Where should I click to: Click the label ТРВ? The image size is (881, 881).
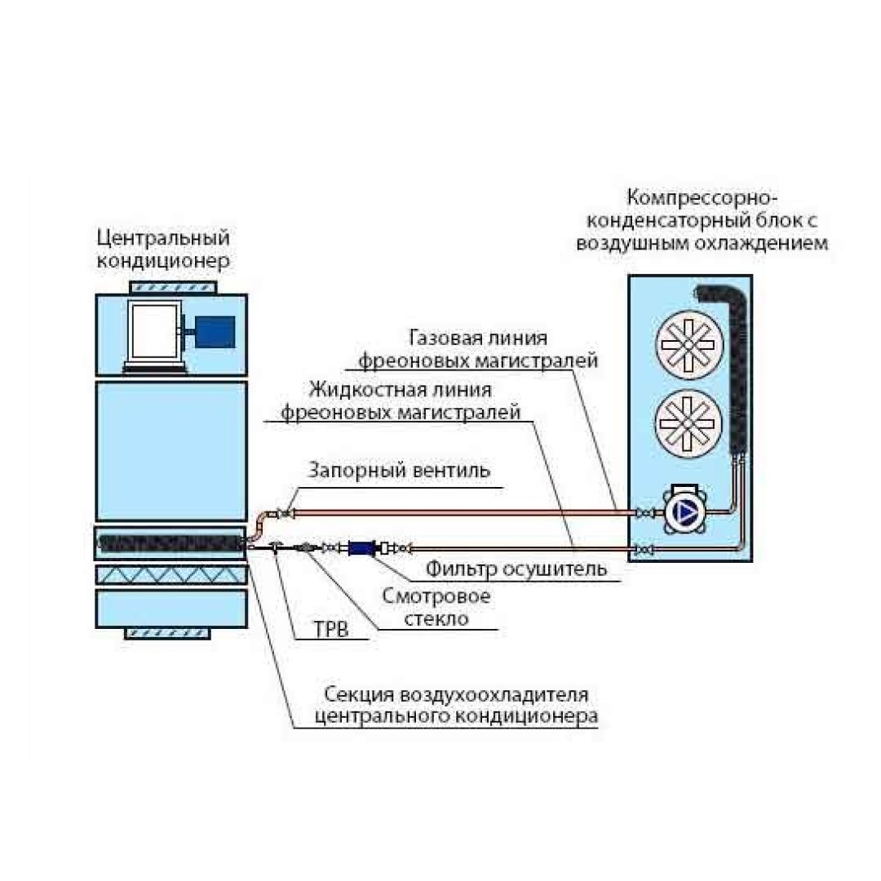(329, 630)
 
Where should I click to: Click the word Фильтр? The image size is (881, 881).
(460, 569)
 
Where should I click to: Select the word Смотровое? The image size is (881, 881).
(436, 596)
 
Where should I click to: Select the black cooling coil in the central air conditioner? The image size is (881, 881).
(170, 541)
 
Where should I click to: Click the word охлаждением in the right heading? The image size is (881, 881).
(768, 243)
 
